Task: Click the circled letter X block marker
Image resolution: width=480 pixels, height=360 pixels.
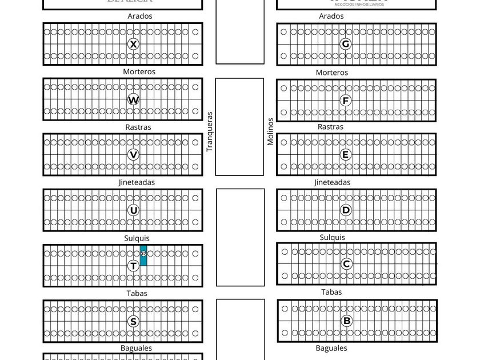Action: pos(133,44)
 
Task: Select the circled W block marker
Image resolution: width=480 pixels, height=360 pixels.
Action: pos(133,100)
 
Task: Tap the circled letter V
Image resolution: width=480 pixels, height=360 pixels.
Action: pos(133,155)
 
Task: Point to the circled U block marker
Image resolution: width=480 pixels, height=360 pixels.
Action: pos(133,210)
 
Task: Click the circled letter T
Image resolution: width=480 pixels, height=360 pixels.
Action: pos(133,266)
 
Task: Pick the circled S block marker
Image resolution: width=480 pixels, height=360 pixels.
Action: pos(133,321)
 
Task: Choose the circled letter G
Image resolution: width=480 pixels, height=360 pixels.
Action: pos(345,44)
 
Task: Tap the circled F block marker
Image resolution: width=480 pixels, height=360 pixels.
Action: pos(345,101)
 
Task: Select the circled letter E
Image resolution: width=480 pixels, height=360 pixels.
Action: pos(345,155)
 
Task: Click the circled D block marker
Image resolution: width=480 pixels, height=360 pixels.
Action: pos(346,210)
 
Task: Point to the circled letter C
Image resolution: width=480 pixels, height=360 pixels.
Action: pos(346,264)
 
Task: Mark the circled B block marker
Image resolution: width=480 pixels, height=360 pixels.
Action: pos(347,321)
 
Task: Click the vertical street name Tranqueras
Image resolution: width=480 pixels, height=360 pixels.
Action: pos(210,131)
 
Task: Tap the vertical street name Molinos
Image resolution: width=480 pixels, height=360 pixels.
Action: pos(270,132)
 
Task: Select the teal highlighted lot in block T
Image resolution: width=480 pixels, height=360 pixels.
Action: pos(143,255)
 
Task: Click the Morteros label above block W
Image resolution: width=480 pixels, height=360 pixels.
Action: pos(139,72)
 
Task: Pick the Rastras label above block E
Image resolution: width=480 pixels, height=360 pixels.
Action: pos(330,127)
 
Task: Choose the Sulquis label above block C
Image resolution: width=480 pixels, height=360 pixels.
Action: pos(332,237)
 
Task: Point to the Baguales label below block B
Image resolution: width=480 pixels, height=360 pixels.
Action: pos(331,348)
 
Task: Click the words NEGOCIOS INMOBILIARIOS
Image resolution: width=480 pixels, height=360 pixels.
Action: pos(359,4)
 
